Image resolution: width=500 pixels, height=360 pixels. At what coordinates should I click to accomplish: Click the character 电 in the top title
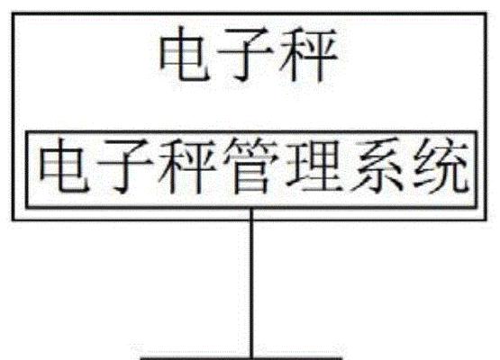tap(185, 53)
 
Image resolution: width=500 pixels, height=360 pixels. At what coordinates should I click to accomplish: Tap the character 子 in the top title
tap(245, 53)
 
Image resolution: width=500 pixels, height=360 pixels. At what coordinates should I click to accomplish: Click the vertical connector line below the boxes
tap(251, 283)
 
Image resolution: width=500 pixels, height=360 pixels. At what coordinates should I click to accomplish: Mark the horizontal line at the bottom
tap(241, 358)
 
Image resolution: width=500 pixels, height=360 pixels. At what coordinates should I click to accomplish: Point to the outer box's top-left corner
tap(13, 13)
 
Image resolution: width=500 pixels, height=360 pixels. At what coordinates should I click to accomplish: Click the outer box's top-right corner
tap(486, 13)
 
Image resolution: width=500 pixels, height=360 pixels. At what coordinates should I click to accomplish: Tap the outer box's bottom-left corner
tap(13, 220)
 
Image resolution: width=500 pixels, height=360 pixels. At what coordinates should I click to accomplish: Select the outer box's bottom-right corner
tap(486, 220)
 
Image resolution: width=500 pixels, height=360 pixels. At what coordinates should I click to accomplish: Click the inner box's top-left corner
tap(26, 132)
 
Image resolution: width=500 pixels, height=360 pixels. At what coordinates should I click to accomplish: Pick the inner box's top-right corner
tap(477, 132)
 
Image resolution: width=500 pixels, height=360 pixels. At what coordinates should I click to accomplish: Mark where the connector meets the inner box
tap(251, 209)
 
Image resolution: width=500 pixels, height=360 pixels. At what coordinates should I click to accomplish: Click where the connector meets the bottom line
tap(251, 358)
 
